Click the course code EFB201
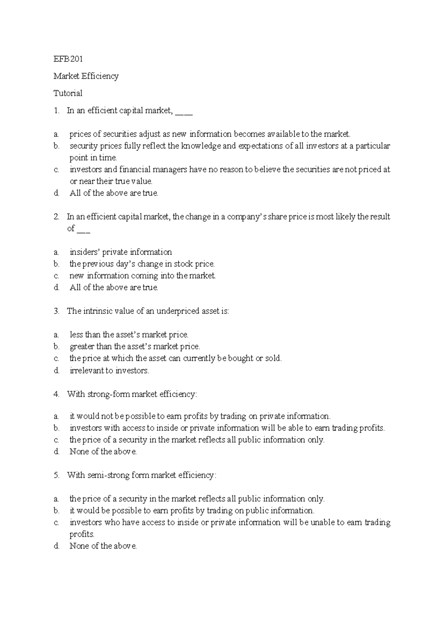point(68,59)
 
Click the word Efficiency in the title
point(101,76)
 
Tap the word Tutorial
point(68,93)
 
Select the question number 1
point(56,111)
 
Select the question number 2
point(56,217)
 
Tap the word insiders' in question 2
point(85,252)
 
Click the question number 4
point(56,394)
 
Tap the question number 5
point(56,475)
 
